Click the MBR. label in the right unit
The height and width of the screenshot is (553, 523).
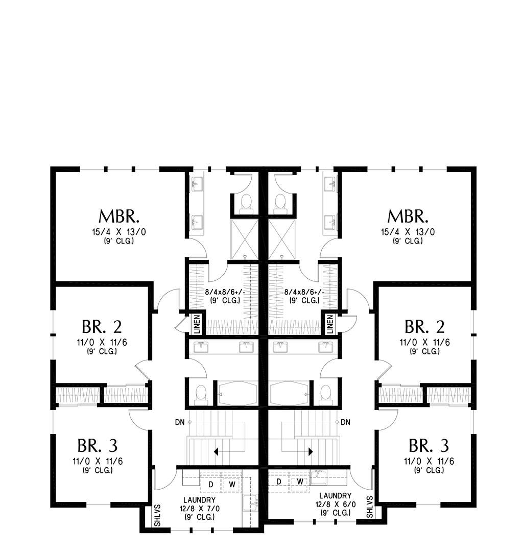[x=407, y=217]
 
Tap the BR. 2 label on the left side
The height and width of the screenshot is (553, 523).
[x=102, y=327]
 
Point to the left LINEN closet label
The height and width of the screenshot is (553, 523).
[x=197, y=324]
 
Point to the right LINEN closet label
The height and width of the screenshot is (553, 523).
[x=329, y=324]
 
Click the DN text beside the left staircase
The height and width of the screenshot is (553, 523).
[x=179, y=422]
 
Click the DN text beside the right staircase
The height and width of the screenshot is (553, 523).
[x=346, y=422]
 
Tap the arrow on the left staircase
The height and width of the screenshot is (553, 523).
[x=217, y=452]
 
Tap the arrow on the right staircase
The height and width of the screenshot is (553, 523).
[x=310, y=452]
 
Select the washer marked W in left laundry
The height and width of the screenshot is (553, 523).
[x=231, y=483]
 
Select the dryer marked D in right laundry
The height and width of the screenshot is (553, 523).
[x=279, y=482]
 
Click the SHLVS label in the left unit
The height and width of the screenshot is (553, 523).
[x=157, y=516]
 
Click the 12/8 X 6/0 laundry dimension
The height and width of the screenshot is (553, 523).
[x=336, y=504]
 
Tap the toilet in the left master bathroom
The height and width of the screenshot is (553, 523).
[x=246, y=203]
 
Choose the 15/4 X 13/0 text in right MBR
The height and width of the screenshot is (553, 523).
[x=407, y=232]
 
